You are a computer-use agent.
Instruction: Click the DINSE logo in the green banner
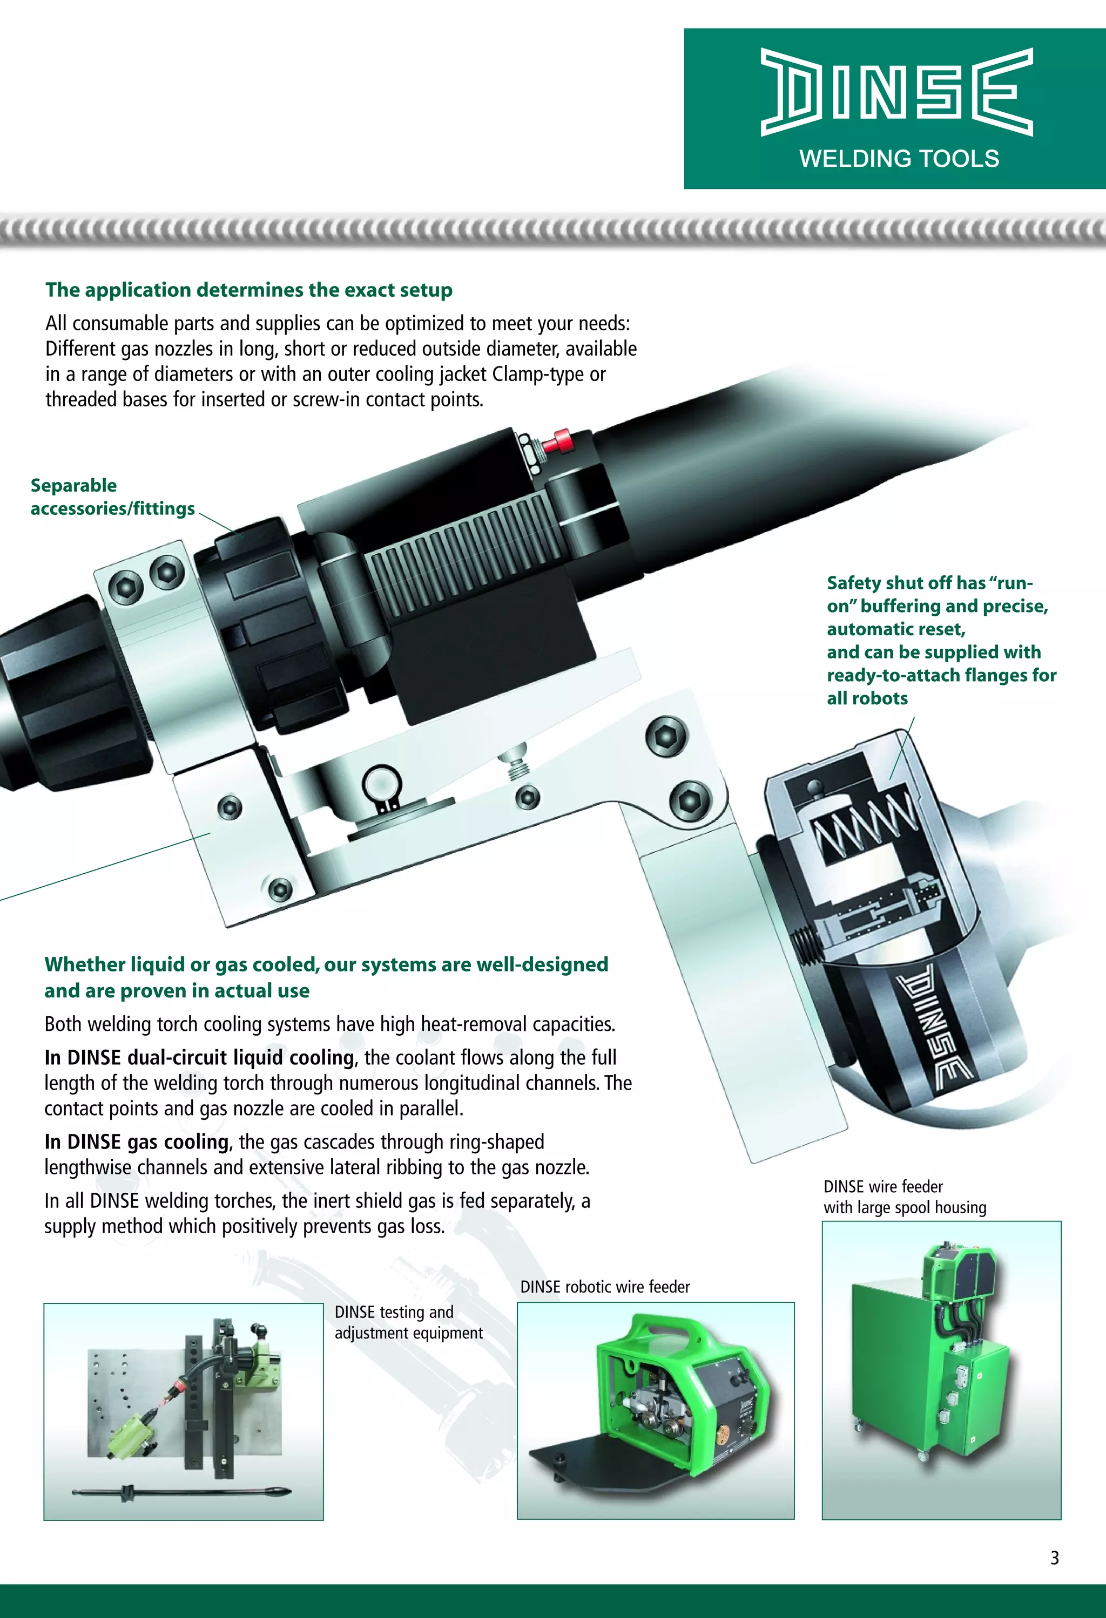(896, 91)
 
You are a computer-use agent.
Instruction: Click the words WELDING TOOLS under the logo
(899, 159)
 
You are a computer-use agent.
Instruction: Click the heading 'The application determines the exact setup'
(248, 290)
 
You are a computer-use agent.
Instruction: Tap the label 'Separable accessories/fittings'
(111, 497)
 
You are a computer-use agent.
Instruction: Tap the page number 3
(1055, 1558)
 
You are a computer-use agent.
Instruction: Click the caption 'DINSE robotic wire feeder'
(604, 1287)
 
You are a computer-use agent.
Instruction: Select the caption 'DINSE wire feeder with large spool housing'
(904, 1197)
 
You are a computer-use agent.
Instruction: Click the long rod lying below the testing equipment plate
(181, 1492)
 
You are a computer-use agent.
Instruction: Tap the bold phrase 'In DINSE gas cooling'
(137, 1142)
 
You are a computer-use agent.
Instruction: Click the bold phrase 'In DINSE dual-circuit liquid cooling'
(199, 1058)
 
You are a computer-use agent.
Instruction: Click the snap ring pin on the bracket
(382, 785)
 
